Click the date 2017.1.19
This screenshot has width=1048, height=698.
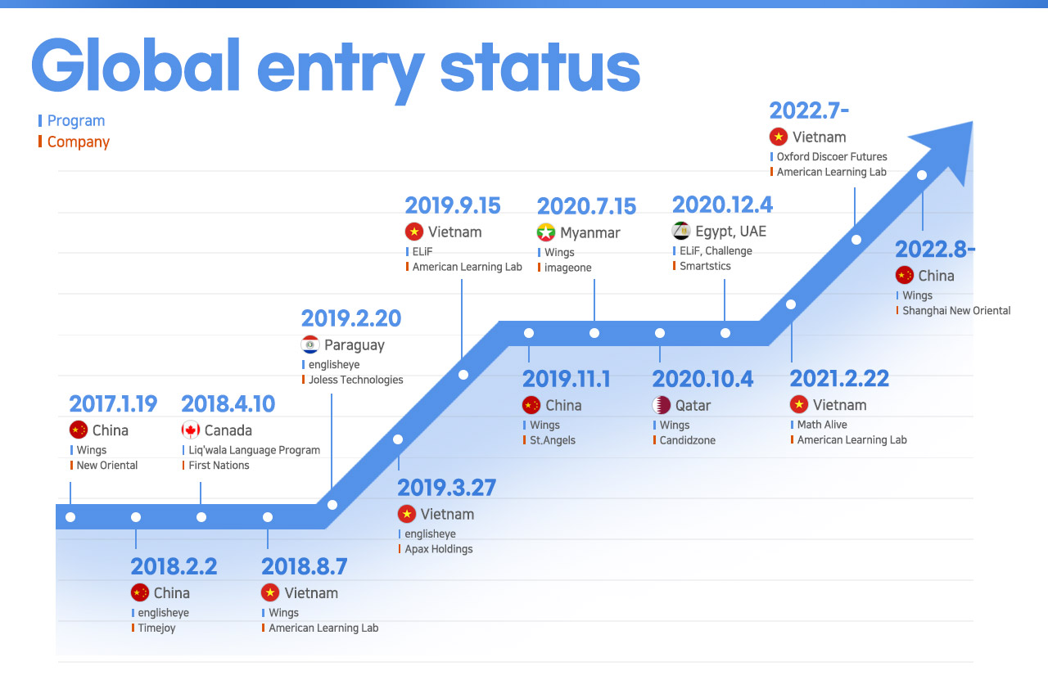click(x=113, y=404)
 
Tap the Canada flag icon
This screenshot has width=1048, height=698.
click(x=191, y=430)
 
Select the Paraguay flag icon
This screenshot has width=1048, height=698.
click(x=310, y=344)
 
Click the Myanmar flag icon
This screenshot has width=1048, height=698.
click(x=546, y=232)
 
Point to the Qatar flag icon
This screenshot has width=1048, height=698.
click(x=661, y=405)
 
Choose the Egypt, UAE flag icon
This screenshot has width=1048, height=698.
click(x=681, y=231)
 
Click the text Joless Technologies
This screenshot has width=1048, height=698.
click(x=355, y=380)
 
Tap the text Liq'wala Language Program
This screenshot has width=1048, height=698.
click(x=254, y=450)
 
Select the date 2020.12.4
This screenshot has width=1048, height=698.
click(x=722, y=205)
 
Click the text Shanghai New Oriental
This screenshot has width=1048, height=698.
click(x=956, y=310)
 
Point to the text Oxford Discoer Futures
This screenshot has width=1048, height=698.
click(x=832, y=156)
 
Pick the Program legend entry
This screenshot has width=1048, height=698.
click(x=76, y=120)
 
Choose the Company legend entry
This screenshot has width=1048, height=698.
click(x=78, y=142)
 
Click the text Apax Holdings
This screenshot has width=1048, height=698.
click(x=438, y=549)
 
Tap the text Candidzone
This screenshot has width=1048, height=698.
click(x=687, y=440)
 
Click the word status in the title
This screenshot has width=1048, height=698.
click(x=540, y=68)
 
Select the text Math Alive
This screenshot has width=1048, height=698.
click(x=822, y=425)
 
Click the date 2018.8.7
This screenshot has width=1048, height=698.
click(x=304, y=566)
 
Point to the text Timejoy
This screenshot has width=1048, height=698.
click(x=156, y=628)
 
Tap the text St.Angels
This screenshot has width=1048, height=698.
click(x=553, y=440)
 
